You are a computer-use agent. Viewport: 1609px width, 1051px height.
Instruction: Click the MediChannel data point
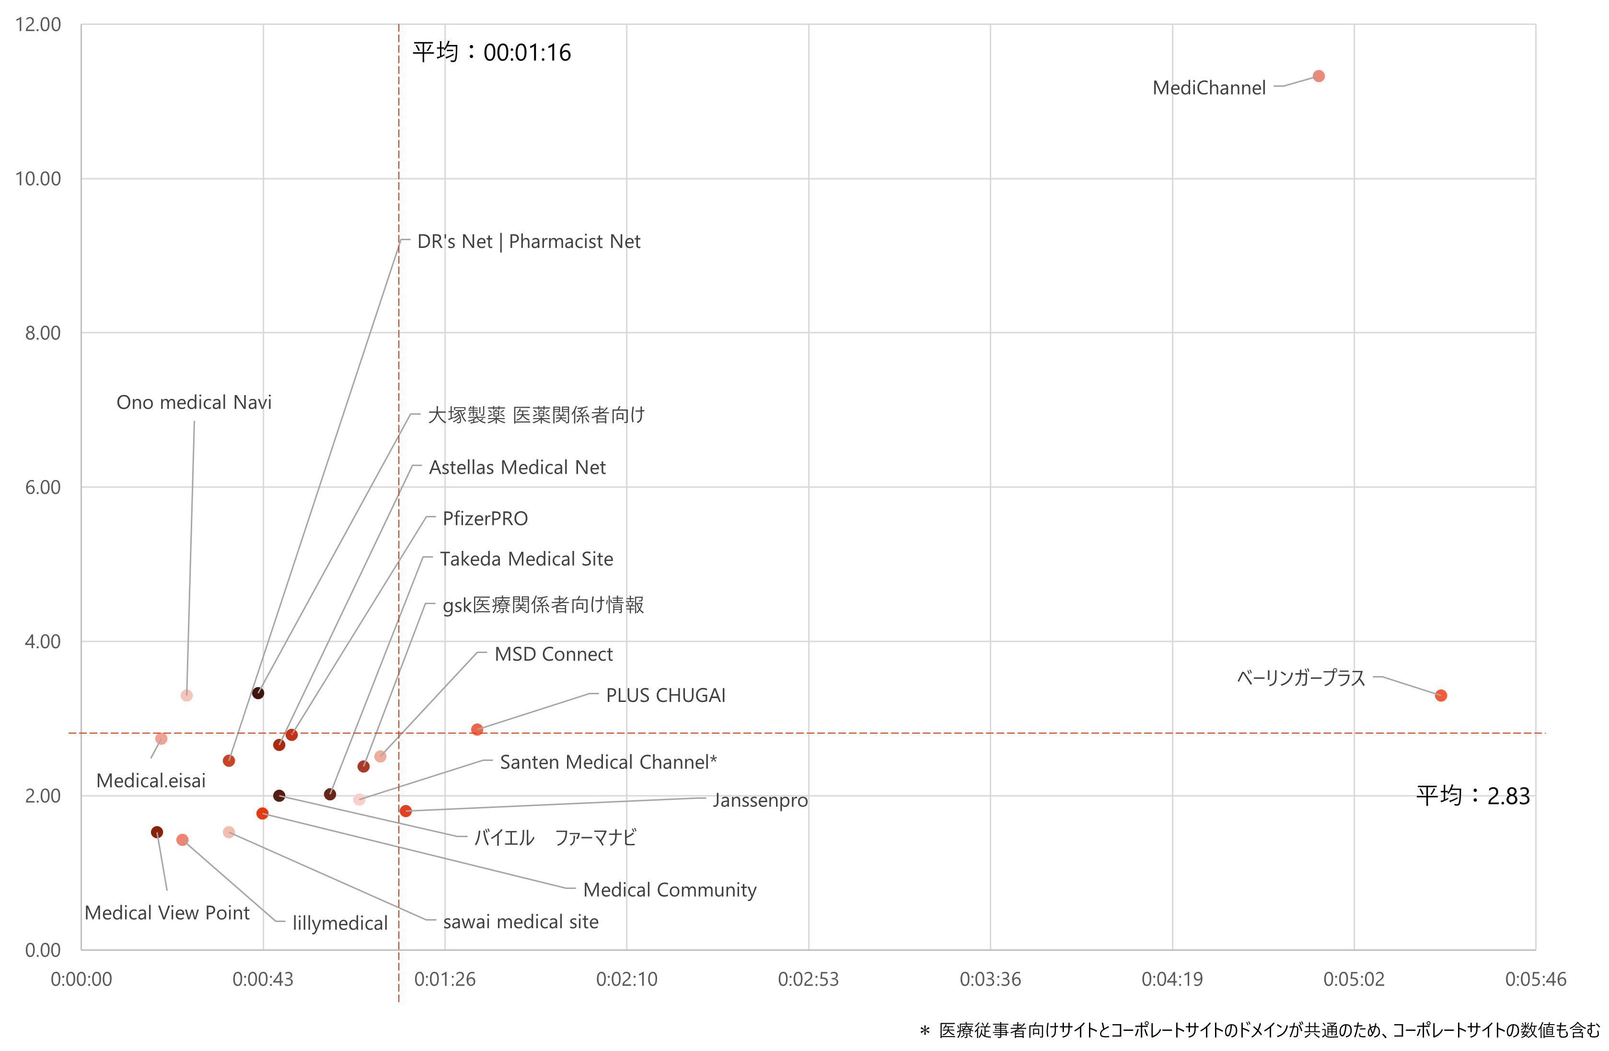(1318, 76)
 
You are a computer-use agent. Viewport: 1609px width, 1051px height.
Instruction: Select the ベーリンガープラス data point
(1441, 695)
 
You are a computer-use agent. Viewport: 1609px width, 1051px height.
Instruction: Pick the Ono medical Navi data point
(186, 696)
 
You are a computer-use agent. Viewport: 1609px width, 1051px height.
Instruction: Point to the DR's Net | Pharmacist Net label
(529, 242)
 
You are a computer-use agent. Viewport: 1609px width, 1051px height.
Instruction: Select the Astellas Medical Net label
(517, 467)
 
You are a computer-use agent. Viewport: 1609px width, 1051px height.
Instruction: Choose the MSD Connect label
(553, 654)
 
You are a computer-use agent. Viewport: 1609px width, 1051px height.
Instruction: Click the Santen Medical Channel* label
(608, 762)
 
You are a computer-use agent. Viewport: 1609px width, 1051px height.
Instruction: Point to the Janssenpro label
(759, 801)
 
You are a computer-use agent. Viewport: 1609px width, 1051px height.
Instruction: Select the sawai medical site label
(521, 922)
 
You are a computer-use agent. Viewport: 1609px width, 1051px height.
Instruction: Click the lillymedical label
(339, 923)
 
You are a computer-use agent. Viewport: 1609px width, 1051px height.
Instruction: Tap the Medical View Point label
(167, 913)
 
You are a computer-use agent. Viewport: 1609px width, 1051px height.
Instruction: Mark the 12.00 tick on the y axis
(38, 24)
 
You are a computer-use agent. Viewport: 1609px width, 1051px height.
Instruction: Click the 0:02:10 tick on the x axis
(626, 979)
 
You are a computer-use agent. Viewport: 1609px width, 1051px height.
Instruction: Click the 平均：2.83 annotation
(1472, 796)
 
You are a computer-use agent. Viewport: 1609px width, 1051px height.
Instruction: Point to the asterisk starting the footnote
(924, 1031)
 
